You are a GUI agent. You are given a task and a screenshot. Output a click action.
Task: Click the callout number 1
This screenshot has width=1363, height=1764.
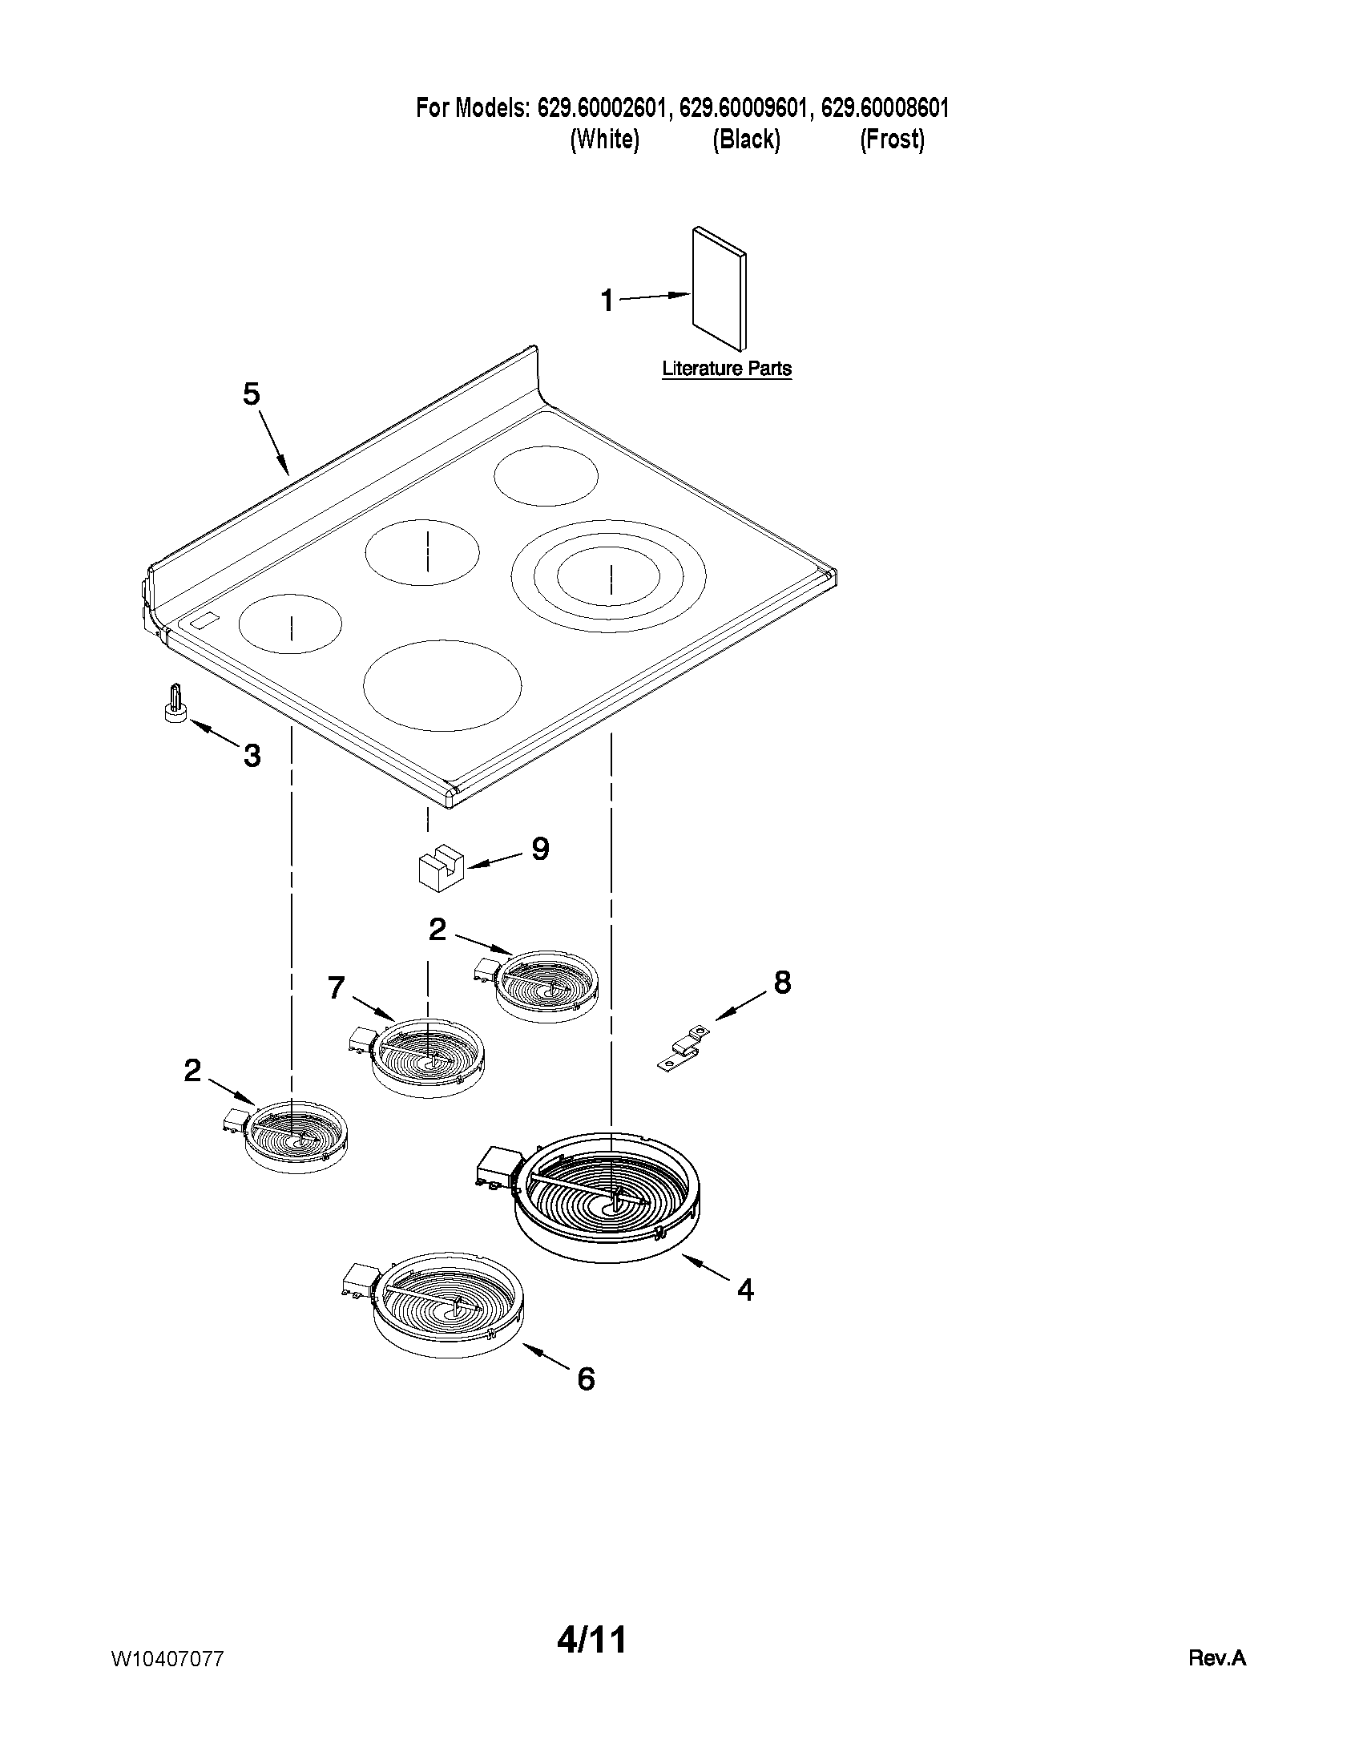pyautogui.click(x=607, y=301)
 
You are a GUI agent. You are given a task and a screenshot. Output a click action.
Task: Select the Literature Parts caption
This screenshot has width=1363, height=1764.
pyautogui.click(x=727, y=369)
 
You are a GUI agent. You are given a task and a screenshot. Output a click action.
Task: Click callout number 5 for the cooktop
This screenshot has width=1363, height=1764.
pyautogui.click(x=252, y=395)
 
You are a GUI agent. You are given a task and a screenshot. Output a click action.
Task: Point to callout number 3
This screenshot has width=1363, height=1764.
pyautogui.click(x=252, y=756)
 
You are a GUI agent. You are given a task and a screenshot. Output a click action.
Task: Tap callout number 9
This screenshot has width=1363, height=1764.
pyautogui.click(x=540, y=849)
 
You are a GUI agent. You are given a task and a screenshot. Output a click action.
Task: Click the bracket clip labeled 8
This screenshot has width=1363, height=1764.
pyautogui.click(x=684, y=1049)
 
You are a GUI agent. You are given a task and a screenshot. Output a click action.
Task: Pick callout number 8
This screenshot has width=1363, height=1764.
pyautogui.click(x=782, y=983)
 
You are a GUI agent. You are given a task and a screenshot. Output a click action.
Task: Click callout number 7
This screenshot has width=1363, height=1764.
pyautogui.click(x=337, y=988)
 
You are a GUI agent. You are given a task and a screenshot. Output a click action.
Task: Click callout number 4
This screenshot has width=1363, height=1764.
pyautogui.click(x=745, y=1290)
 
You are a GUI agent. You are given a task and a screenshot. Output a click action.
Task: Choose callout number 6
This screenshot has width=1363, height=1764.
pyautogui.click(x=586, y=1379)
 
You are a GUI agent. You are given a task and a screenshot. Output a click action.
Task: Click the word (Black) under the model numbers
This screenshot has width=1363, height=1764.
pyautogui.click(x=746, y=139)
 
